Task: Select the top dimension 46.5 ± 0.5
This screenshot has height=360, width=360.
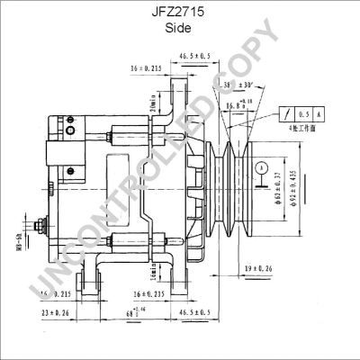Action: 193,57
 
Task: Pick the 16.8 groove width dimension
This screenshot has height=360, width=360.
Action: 235,106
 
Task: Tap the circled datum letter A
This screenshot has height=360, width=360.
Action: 259,167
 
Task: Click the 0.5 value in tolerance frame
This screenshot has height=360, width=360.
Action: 301,114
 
